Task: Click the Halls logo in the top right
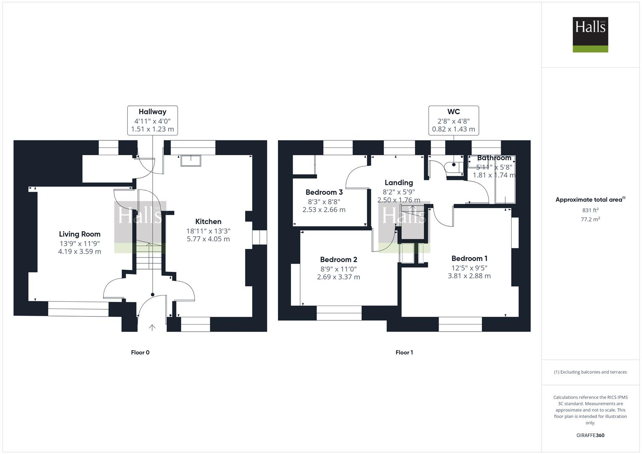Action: pos(590,34)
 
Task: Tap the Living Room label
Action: pos(79,234)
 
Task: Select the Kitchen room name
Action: pos(208,222)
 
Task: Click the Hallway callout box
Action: pos(153,121)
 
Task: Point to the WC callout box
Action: pos(454,121)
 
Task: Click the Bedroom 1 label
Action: pos(469,259)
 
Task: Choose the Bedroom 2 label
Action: pos(338,260)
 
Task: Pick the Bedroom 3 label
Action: pos(324,193)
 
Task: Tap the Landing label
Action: pos(399,182)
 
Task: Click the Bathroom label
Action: pos(494,158)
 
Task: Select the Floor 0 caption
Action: pos(140,353)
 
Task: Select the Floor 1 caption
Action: pos(404,353)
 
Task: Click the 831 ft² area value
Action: pos(590,210)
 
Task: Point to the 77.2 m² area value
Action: pos(590,219)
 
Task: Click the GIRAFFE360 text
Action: pos(590,436)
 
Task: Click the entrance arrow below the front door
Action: pos(152,327)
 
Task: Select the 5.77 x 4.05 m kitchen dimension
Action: pos(208,239)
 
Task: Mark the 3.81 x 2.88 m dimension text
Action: pos(469,276)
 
